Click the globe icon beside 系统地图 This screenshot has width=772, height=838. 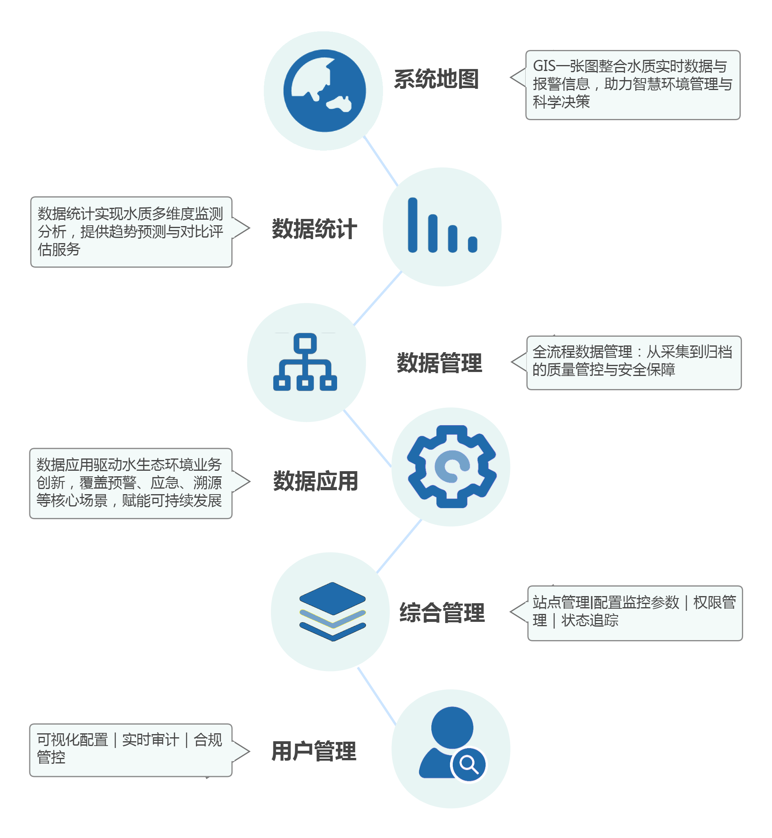click(x=324, y=91)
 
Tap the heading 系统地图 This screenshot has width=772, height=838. click(x=437, y=79)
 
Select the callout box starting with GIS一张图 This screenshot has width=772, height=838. click(x=633, y=85)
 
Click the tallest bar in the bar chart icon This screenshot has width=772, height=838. click(x=413, y=225)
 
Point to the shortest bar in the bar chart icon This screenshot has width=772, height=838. click(x=473, y=244)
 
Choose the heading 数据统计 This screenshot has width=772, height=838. click(x=315, y=229)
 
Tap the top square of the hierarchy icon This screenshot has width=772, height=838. click(x=305, y=344)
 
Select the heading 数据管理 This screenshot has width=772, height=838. click(x=439, y=363)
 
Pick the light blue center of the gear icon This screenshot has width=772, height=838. click(x=452, y=466)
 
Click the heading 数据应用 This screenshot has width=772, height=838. click(x=316, y=481)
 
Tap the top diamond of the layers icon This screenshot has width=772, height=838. click(x=333, y=598)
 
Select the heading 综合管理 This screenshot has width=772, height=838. click(x=442, y=613)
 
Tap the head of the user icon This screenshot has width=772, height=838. click(x=452, y=728)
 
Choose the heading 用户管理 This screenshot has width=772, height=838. click(x=314, y=751)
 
